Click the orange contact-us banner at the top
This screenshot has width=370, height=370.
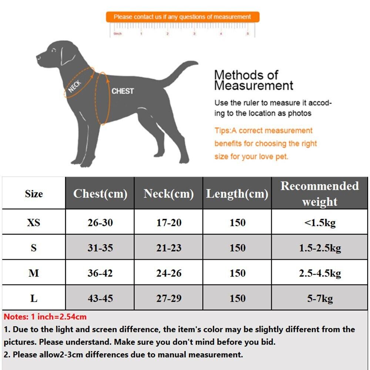[x=182, y=17]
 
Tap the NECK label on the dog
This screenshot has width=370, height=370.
[x=75, y=86]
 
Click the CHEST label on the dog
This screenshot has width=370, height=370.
[x=122, y=91]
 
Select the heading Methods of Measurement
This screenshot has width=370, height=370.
[x=253, y=80]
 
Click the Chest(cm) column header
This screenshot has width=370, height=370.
[x=100, y=194]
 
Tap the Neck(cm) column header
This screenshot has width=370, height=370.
[x=168, y=194]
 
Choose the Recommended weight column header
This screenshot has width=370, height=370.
[x=319, y=194]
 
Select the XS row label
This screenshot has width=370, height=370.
[x=34, y=222]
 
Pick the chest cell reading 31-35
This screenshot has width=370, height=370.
[x=100, y=248]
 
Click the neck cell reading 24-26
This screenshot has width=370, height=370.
[x=168, y=273]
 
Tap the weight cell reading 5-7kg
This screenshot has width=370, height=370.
[x=319, y=298]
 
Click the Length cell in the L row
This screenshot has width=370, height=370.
[x=237, y=298]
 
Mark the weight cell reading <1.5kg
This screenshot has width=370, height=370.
[x=319, y=222]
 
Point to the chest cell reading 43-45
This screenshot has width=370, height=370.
[x=100, y=298]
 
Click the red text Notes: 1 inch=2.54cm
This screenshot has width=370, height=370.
[x=45, y=317]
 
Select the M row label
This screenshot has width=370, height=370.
[x=34, y=273]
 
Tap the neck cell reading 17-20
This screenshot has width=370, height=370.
[x=168, y=222]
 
